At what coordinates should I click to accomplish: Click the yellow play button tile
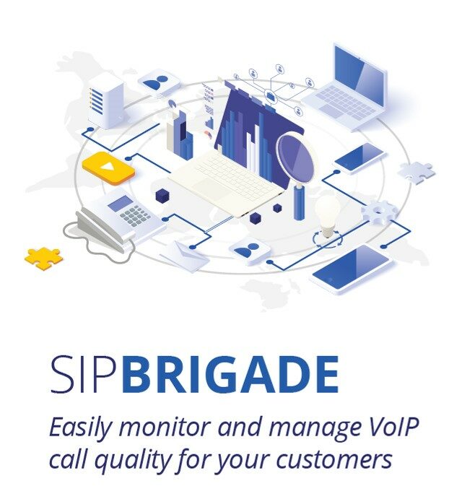pos(108,168)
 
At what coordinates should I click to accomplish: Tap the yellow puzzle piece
pos(44,258)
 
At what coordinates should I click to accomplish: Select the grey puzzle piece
pos(417,173)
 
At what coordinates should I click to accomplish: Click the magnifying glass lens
pos(296,158)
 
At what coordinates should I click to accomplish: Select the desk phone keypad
pos(136,215)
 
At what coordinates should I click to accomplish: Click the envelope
pos(185,256)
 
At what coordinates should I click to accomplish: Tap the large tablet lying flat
pos(354,269)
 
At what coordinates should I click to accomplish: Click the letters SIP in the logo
pos(87,374)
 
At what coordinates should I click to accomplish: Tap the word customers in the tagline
pos(334,459)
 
